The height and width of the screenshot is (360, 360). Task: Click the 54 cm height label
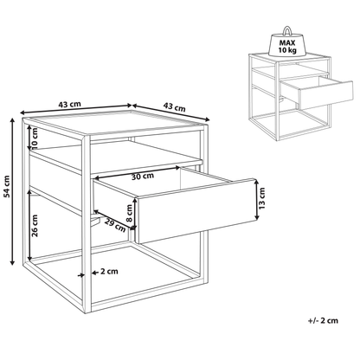click(x=7, y=186)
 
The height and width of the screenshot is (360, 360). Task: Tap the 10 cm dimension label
click(x=35, y=138)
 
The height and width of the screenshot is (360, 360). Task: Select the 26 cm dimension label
click(x=35, y=225)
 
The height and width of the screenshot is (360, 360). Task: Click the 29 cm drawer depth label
click(x=115, y=225)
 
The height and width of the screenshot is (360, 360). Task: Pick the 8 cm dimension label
click(x=130, y=213)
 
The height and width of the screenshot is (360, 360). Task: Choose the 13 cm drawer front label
click(x=261, y=198)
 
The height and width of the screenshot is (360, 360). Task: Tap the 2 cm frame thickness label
click(x=109, y=272)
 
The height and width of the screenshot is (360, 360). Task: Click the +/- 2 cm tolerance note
click(x=323, y=320)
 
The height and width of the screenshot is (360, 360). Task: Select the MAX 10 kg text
click(x=287, y=47)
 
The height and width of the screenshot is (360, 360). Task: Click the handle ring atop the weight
click(x=287, y=30)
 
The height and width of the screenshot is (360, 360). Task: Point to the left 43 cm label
click(x=70, y=104)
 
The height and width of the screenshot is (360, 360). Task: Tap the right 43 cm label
click(x=174, y=106)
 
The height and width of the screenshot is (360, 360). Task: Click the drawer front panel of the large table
click(x=196, y=210)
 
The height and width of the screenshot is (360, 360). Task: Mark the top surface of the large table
click(x=115, y=123)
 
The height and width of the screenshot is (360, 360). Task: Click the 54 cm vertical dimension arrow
click(x=12, y=191)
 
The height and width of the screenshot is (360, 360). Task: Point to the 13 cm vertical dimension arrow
click(x=257, y=200)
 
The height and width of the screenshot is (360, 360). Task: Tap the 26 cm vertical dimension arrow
click(x=29, y=224)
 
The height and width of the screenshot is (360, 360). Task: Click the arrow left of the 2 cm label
click(x=80, y=275)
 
